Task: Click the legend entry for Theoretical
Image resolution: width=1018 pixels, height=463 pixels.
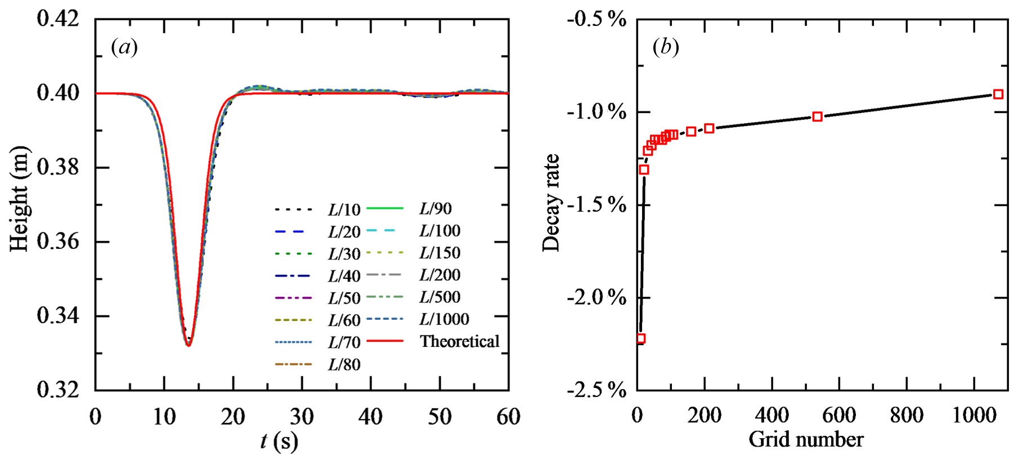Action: [x=459, y=341]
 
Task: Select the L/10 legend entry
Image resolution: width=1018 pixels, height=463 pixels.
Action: [x=344, y=210]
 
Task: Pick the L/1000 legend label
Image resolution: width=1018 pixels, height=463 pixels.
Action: [x=444, y=319]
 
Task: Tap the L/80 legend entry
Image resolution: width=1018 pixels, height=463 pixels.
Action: [x=344, y=364]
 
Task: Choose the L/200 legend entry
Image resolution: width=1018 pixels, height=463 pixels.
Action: [x=440, y=275]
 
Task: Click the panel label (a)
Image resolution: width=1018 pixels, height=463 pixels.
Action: [x=124, y=47]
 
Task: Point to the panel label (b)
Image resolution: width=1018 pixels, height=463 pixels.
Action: [x=666, y=47]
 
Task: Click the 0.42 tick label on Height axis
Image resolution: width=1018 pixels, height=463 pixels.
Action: [x=58, y=19]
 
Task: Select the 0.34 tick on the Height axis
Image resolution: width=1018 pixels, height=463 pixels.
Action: [x=58, y=316]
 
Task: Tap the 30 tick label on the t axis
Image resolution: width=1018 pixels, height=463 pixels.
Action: [x=302, y=417]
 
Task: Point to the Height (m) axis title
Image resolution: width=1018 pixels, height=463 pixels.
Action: [x=20, y=199]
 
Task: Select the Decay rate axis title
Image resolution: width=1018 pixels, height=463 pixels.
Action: [x=551, y=203]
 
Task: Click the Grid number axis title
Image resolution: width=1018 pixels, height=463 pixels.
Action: [x=806, y=439]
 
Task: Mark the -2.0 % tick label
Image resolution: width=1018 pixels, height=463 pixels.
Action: [x=597, y=297]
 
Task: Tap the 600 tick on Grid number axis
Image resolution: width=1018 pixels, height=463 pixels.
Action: [x=839, y=416]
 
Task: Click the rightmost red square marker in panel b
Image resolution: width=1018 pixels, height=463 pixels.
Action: [x=998, y=94]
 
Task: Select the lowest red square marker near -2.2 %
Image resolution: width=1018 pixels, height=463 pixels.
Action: [x=640, y=339]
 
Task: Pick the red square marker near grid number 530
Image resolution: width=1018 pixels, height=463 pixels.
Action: [x=817, y=117]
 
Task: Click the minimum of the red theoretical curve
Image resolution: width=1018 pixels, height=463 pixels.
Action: [x=189, y=345]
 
